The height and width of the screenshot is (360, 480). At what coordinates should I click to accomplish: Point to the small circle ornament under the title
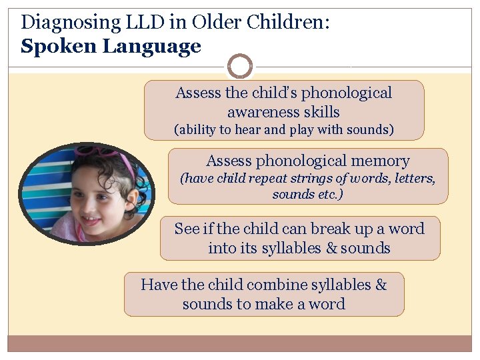click(240, 66)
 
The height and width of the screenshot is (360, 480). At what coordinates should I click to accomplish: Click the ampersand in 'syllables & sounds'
click(331, 248)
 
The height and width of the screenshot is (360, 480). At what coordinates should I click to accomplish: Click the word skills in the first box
click(322, 112)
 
